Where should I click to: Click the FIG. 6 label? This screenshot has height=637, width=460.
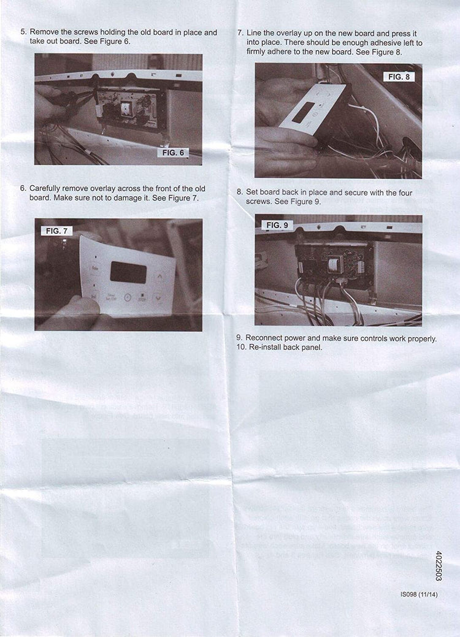point(174,153)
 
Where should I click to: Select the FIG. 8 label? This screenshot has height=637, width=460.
point(399,77)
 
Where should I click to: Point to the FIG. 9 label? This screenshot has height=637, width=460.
point(276,225)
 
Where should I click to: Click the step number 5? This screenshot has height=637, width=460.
point(23,32)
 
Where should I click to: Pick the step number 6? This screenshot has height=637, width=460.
point(23,188)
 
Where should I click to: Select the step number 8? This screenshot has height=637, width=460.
point(240,192)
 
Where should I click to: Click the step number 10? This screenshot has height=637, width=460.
point(240,347)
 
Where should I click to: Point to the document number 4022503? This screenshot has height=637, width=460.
point(439,565)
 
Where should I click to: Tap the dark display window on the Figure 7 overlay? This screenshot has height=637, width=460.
point(128,272)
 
